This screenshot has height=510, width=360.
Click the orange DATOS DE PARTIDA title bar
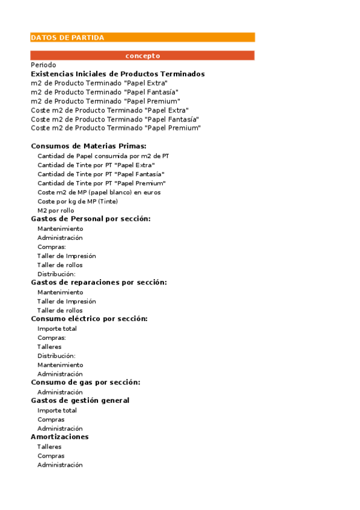142,37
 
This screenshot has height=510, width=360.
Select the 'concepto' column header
142,56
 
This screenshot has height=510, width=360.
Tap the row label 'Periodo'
43,65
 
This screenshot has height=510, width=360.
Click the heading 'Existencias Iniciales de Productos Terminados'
118,74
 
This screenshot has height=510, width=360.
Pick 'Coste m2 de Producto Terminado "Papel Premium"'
115,128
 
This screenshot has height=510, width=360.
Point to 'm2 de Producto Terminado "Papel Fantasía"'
100,92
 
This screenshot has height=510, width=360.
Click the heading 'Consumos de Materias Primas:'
88,146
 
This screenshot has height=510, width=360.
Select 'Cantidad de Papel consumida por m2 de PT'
103,156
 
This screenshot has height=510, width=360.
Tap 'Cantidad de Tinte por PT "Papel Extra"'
96,165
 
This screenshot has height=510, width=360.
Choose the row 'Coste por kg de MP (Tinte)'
78,201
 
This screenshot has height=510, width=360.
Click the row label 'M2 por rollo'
56,210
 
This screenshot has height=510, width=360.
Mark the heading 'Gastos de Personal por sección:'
91,219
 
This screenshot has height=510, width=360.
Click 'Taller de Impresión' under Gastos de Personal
67,256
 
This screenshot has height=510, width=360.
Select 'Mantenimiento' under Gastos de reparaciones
60,292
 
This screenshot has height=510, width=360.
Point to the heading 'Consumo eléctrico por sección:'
89,319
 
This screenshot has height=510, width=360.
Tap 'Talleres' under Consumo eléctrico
49,346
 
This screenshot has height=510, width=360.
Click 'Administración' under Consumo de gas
60,392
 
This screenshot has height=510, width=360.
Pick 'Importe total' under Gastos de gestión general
57,410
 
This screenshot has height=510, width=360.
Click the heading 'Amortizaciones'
59,437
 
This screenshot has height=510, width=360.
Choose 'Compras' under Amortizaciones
51,456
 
